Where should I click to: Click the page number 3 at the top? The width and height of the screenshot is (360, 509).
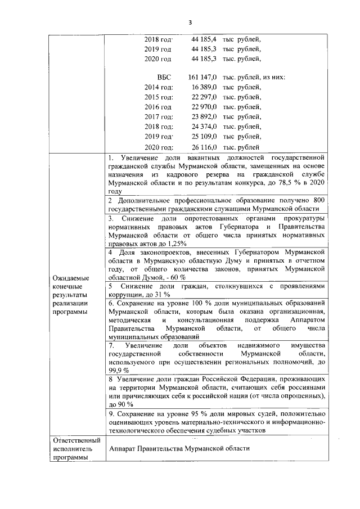[x=190, y=22]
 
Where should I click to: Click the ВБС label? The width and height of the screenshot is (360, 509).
[x=164, y=76]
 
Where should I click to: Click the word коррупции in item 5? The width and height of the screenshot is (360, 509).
[x=126, y=295]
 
